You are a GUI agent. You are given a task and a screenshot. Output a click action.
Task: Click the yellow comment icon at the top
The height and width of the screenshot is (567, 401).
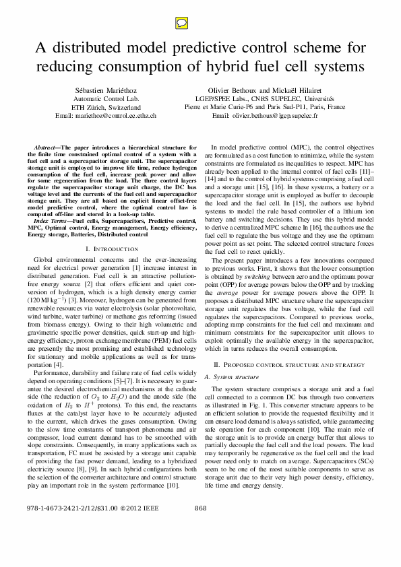click(x=199, y=24)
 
